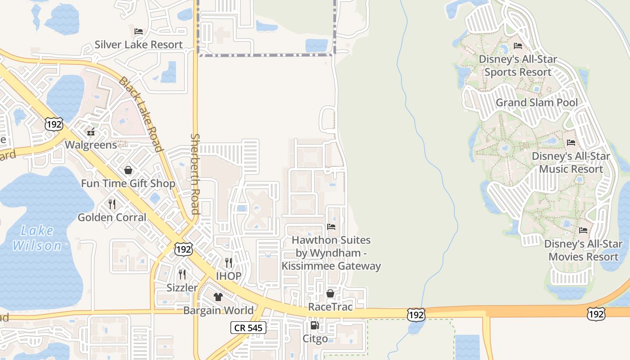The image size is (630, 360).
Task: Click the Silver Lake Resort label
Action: pyautogui.click(x=139, y=45)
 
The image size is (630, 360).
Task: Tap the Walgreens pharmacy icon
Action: pyautogui.click(x=91, y=131)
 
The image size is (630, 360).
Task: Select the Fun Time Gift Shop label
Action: pyautogui.click(x=128, y=184)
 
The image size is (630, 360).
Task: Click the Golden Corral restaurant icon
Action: pyautogui.click(x=112, y=204)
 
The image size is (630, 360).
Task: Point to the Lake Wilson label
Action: pyautogui.click(x=37, y=238)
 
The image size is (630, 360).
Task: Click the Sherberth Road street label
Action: pyautogui.click(x=195, y=174)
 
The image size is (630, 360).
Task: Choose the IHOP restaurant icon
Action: pyautogui.click(x=229, y=262)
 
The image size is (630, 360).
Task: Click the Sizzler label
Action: pyautogui.click(x=182, y=288)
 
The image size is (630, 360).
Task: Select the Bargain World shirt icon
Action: pyautogui.click(x=218, y=297)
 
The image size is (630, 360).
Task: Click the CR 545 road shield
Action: pyautogui.click(x=248, y=328)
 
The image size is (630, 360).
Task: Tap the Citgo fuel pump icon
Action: pyautogui.click(x=315, y=325)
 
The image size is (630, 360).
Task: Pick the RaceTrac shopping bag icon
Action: pyautogui.click(x=330, y=293)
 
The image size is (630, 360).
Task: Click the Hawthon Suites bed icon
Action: pyautogui.click(x=331, y=227)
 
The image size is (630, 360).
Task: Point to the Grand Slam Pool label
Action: pyautogui.click(x=536, y=103)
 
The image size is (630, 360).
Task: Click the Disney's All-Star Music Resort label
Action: pyautogui.click(x=571, y=162)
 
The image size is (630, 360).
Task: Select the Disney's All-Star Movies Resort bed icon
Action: pyautogui.click(x=583, y=230)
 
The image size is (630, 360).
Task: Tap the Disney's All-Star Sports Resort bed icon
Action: pyautogui.click(x=518, y=46)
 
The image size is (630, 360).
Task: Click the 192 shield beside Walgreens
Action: pyautogui.click(x=54, y=124)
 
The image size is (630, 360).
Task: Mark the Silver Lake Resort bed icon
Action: pyautogui.click(x=139, y=31)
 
